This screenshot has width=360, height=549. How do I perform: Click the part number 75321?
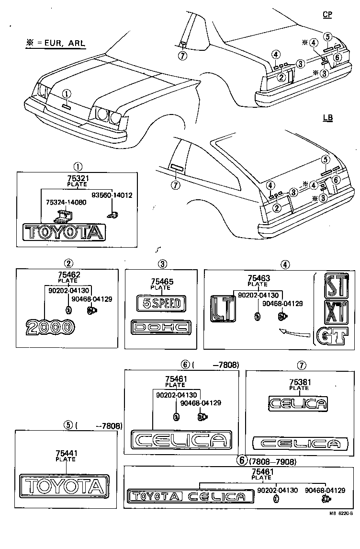(x=78, y=178)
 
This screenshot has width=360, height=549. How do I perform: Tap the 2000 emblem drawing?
(x=50, y=328)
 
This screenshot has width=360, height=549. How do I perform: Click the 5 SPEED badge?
(x=158, y=303)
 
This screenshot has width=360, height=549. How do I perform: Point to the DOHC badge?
(x=161, y=328)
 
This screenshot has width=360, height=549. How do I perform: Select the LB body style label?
(x=328, y=117)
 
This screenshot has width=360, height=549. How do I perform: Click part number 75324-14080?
(x=66, y=203)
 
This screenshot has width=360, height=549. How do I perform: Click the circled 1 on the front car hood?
(x=66, y=94)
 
